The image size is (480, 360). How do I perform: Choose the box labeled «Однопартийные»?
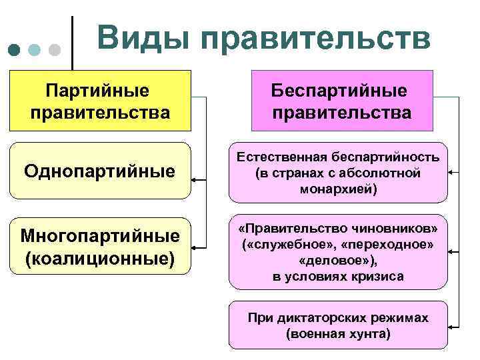[x=100, y=171]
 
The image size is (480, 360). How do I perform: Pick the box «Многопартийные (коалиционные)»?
[x=100, y=246]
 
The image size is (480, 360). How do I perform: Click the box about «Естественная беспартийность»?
[x=338, y=173]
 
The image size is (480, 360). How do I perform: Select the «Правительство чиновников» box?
[x=338, y=251]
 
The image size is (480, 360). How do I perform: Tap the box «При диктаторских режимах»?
[x=338, y=325]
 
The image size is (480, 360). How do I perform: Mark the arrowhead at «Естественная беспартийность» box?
[x=452, y=172]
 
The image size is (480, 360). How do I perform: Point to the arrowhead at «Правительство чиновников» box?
[x=452, y=253]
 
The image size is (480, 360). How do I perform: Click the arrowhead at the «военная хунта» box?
[x=452, y=326]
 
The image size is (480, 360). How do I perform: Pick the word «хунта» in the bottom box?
[x=368, y=333]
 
